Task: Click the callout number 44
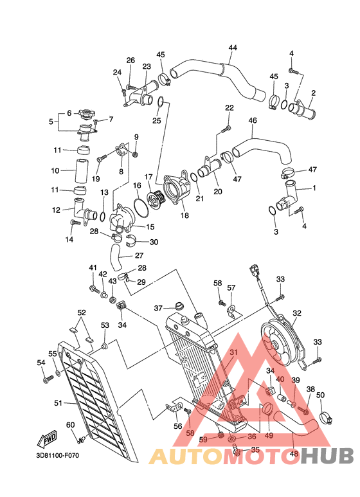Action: (232, 48)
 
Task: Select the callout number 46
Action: (252, 120)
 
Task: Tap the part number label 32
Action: (297, 313)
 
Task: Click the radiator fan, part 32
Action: (278, 341)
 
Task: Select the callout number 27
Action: (139, 255)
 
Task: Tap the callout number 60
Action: (70, 425)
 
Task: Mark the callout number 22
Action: (229, 107)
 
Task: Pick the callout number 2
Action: (313, 93)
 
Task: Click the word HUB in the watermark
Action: (329, 456)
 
